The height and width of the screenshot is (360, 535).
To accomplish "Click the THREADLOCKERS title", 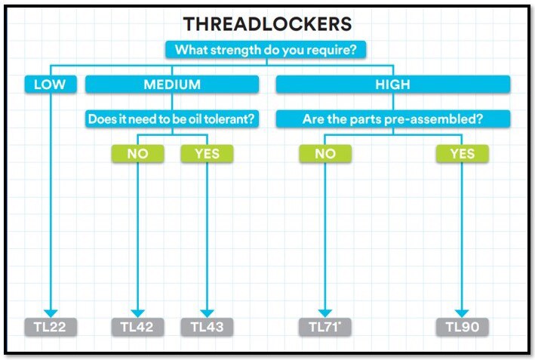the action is (x=267, y=24).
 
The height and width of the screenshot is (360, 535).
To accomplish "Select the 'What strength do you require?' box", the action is (x=266, y=50).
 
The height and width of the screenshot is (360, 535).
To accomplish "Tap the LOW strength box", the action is (x=51, y=85).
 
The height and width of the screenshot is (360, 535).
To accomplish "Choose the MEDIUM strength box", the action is (x=172, y=85).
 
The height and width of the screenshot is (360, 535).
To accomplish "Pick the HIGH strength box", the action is (x=393, y=85).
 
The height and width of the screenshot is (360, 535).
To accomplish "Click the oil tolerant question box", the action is (x=172, y=118).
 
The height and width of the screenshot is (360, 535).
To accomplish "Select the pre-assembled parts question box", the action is (x=393, y=118).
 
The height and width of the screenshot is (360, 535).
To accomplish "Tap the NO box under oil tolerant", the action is (x=138, y=153).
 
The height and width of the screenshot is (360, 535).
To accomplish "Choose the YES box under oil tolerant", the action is (x=207, y=153).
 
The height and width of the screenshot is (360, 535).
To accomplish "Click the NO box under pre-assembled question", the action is (x=325, y=153).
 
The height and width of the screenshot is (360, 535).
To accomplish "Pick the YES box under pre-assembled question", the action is (x=463, y=153).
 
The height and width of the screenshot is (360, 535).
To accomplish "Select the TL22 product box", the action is (x=51, y=327).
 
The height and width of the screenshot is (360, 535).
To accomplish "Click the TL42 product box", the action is (x=138, y=327).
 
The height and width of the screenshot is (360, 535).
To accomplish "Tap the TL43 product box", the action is (x=207, y=327).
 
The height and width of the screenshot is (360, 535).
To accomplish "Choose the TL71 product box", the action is (x=325, y=327).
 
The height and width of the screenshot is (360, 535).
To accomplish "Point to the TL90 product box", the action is (x=463, y=327).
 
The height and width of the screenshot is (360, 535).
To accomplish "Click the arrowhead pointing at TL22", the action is (x=51, y=313).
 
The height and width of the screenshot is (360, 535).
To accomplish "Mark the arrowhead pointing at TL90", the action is (x=462, y=313).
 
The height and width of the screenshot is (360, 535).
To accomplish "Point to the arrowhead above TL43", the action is (x=207, y=313).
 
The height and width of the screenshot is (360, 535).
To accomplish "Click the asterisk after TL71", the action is (x=340, y=322).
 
